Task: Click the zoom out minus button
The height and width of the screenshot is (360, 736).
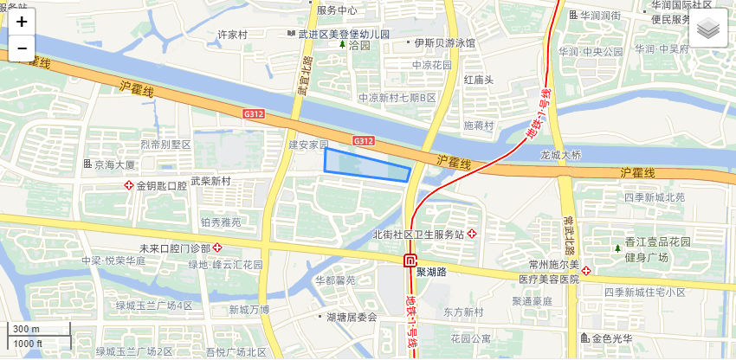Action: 22,48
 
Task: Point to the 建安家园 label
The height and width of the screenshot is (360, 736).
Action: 309,144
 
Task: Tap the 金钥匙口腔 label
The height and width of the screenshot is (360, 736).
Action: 161,186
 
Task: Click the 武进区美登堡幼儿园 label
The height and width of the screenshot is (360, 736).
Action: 344,35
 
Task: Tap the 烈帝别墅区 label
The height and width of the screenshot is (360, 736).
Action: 165,144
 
